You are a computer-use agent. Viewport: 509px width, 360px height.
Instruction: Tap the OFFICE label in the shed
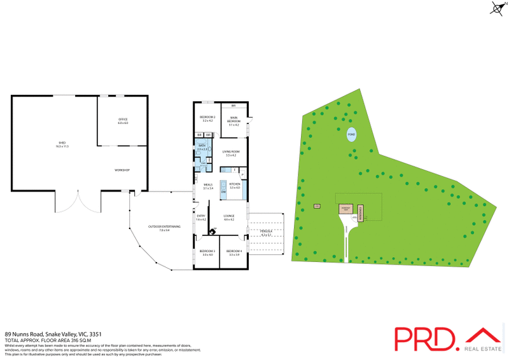pyautogui.click(x=123, y=121)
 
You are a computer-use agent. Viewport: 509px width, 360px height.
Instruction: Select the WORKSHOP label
pyautogui.click(x=122, y=170)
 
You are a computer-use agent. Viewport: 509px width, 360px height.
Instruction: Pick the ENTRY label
pyautogui.click(x=201, y=218)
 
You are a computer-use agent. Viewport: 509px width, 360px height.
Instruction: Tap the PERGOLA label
pyautogui.click(x=267, y=232)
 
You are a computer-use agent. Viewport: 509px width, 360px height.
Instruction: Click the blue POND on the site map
pyautogui.click(x=351, y=135)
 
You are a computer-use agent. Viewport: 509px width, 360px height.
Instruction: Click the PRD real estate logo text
pyautogui.click(x=424, y=340)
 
